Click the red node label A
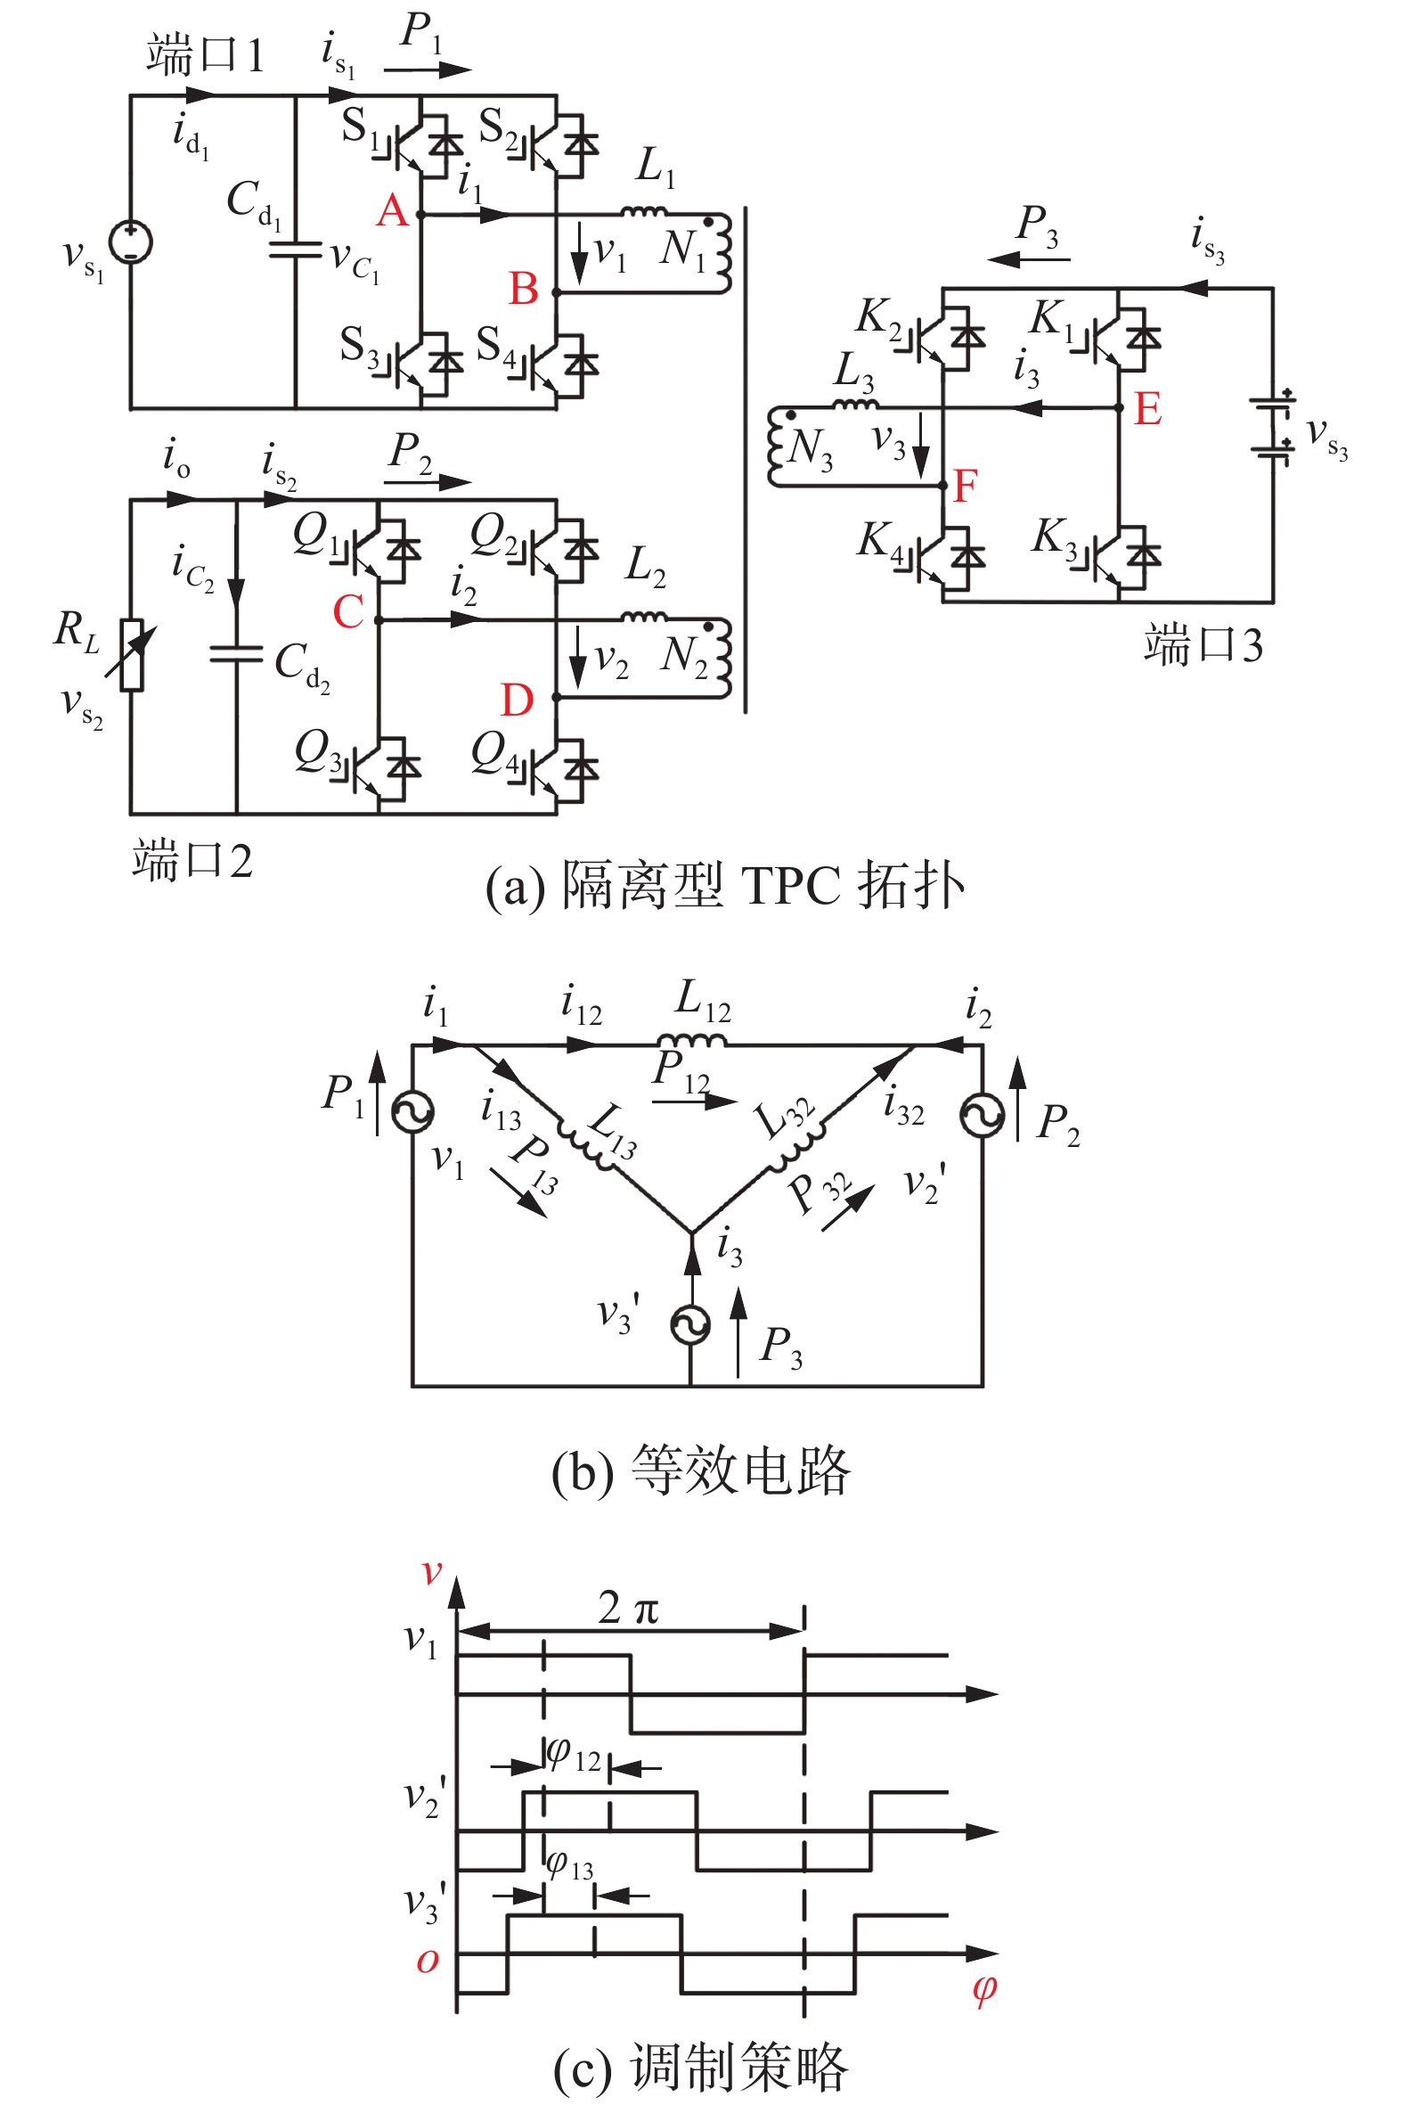coord(393,211)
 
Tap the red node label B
coord(524,289)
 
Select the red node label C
coord(348,612)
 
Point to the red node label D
coord(518,700)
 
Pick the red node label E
coord(1147,409)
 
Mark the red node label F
coord(965,486)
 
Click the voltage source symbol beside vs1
coord(131,242)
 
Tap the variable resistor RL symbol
coord(133,654)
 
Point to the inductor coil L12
coord(691,1040)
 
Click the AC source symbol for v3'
coord(691,1324)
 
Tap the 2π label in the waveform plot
coord(628,1609)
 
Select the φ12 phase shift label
coord(574,1755)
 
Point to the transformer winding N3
coord(776,449)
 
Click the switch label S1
coord(360,127)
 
